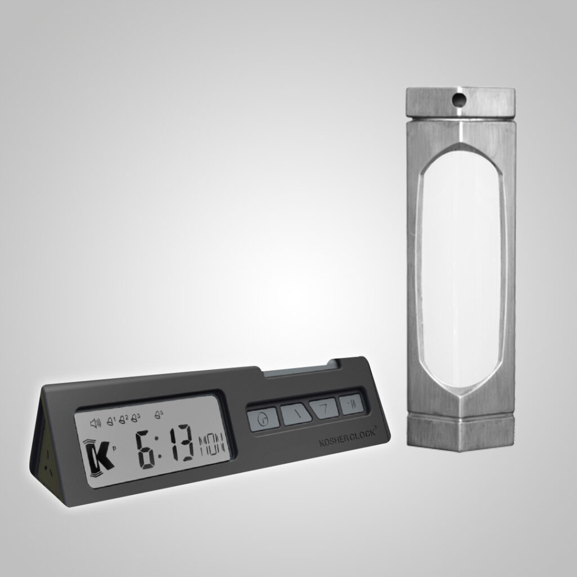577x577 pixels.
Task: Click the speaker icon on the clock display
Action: tap(95, 424)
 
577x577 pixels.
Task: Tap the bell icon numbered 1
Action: tap(110, 421)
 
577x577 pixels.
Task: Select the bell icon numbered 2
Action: tap(123, 420)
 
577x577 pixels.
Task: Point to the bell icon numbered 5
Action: tap(159, 415)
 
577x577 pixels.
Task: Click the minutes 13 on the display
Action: tap(180, 444)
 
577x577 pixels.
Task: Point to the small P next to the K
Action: tap(115, 449)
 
